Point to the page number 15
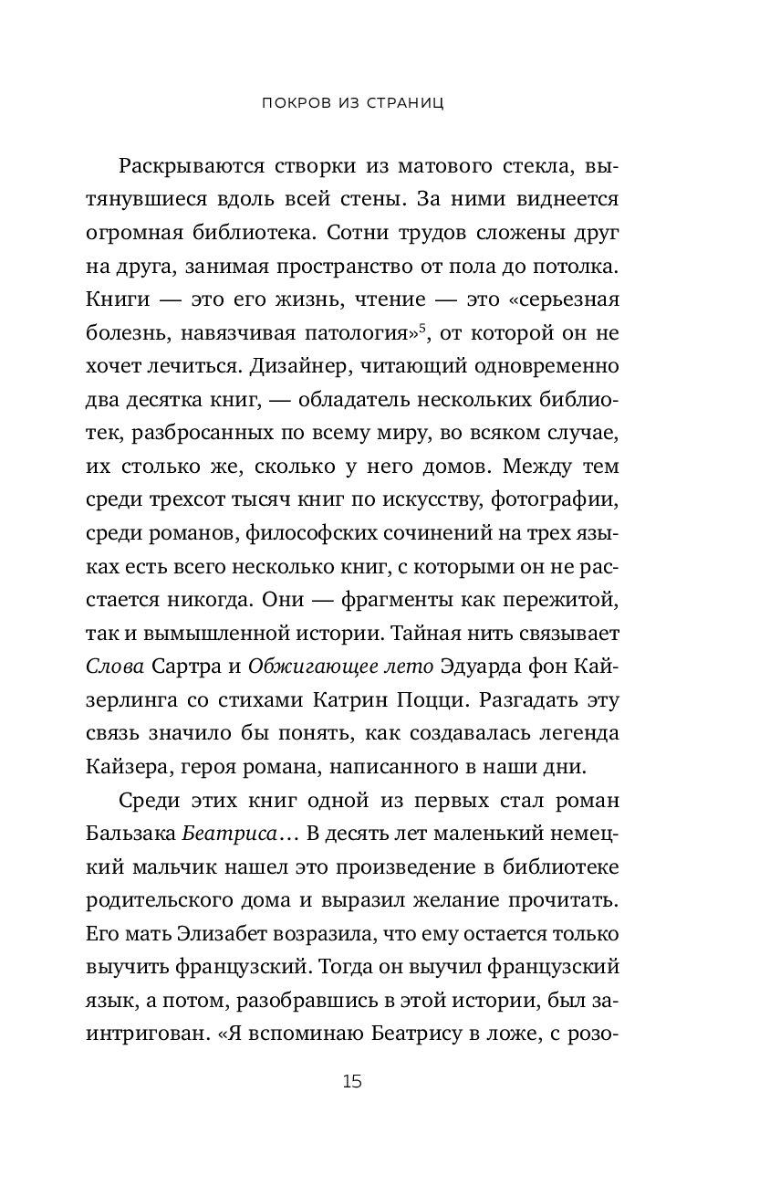click(353, 1083)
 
